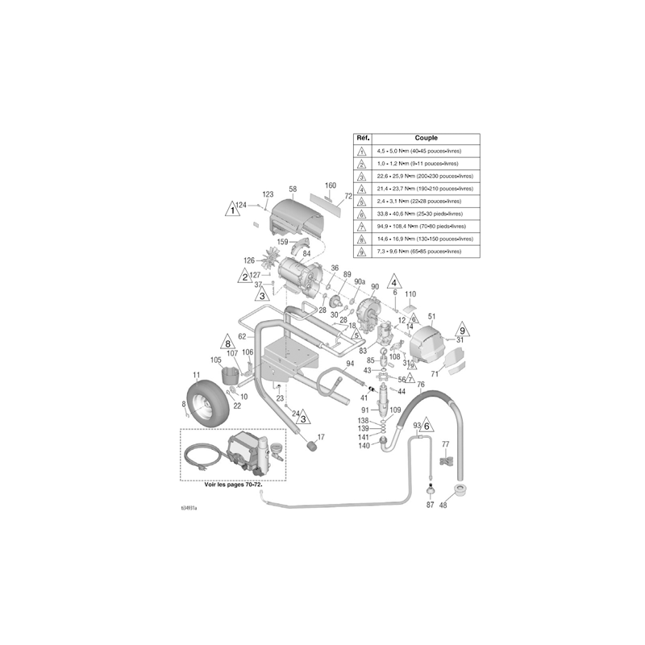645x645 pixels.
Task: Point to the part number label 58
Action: [x=293, y=189]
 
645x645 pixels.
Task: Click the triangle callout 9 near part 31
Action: [x=462, y=330]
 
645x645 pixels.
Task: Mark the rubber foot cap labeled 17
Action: [x=309, y=444]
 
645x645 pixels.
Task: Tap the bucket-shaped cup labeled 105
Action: [x=231, y=375]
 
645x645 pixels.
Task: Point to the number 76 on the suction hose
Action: [x=420, y=385]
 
